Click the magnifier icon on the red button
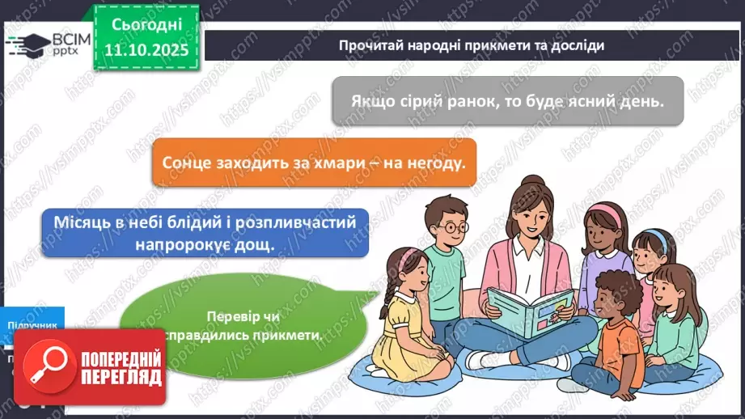pyautogui.click(x=49, y=369)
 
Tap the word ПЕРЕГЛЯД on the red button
pyautogui.click(x=121, y=378)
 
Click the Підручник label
pyautogui.click(x=32, y=324)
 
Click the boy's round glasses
pyautogui.click(x=451, y=227)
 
